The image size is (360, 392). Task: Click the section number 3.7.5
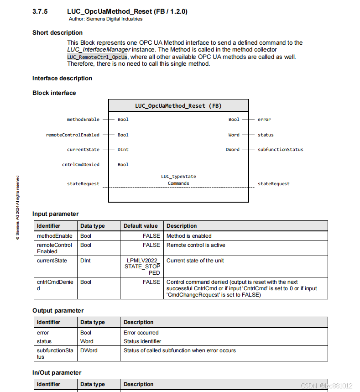[40, 11]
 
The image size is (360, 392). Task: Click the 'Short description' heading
[57, 32]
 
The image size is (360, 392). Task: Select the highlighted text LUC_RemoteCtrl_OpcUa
[97, 57]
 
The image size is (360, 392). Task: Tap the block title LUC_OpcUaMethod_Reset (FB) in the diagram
[178, 105]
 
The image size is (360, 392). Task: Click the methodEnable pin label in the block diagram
[83, 120]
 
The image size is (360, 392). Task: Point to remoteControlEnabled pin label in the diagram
[73, 135]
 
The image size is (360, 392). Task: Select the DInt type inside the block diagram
[123, 149]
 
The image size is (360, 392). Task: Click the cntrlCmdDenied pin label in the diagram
[81, 164]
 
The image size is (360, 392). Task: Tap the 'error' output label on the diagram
[264, 120]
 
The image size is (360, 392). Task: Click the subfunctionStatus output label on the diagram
[280, 149]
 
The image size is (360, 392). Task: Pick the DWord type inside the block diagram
[233, 149]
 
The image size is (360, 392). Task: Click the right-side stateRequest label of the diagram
[273, 183]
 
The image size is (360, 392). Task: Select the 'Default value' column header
[141, 226]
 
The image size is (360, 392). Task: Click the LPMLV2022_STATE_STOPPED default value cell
[143, 267]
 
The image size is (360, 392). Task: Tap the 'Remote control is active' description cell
[196, 245]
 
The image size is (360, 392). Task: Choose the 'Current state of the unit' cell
[195, 261]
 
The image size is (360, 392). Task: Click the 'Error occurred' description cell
[141, 333]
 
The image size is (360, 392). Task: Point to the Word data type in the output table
[87, 341]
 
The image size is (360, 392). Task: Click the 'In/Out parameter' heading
[57, 372]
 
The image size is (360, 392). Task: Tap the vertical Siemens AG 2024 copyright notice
[17, 208]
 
